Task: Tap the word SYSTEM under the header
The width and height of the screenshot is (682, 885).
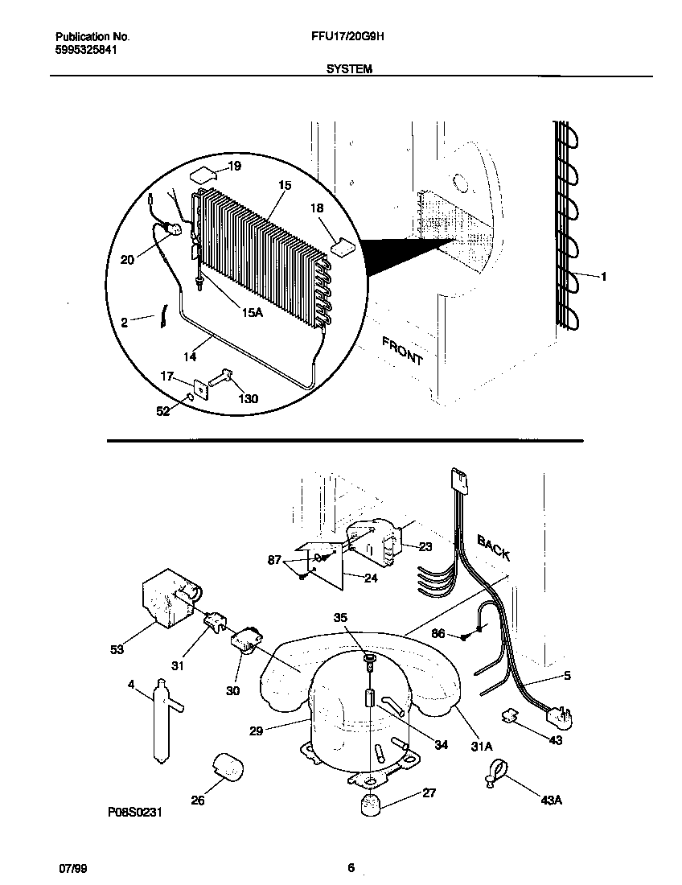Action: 349,70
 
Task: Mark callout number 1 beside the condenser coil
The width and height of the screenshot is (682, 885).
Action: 603,276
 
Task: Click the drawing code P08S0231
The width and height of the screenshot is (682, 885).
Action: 135,813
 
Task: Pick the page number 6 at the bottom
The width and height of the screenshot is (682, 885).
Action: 351,867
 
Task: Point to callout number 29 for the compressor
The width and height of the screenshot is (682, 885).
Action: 256,731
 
